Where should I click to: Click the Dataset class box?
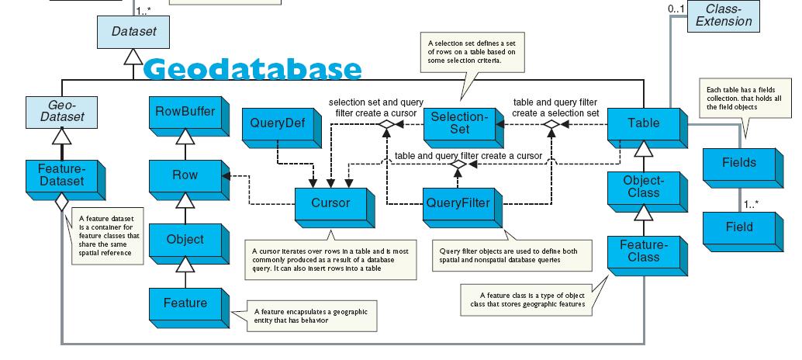coord(133,32)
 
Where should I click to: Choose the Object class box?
coord(185,240)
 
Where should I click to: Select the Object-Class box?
coord(643,186)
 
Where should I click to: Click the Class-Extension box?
coord(723,16)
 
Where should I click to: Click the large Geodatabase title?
coord(253,70)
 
